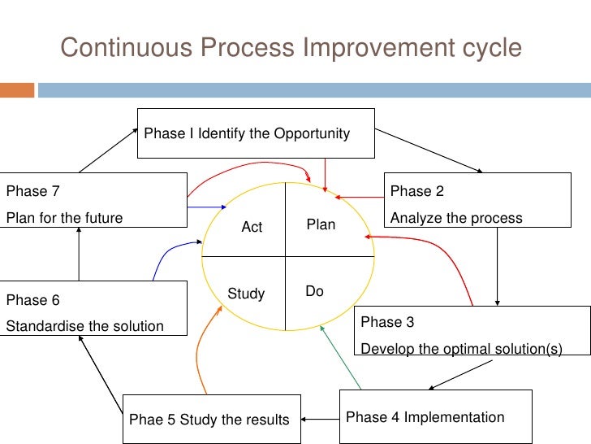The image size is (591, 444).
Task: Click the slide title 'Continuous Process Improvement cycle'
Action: [291, 48]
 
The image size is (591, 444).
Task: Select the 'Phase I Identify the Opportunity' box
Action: [256, 133]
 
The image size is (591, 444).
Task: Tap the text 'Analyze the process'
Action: [456, 218]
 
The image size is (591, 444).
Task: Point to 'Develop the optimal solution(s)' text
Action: [461, 349]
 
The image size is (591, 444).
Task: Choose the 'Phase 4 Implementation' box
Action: [435, 417]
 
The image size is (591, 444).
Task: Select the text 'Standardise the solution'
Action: [85, 326]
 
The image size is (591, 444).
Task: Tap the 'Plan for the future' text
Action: [65, 218]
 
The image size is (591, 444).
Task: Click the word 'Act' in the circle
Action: [252, 228]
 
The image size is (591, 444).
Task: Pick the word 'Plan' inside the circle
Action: [321, 224]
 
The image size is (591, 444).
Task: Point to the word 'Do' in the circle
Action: [314, 291]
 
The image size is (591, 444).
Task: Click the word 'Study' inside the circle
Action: [246, 294]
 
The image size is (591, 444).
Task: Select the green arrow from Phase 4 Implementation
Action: [341, 358]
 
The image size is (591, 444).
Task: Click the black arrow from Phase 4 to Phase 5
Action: [320, 420]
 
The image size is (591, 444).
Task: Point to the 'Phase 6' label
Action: [33, 300]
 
